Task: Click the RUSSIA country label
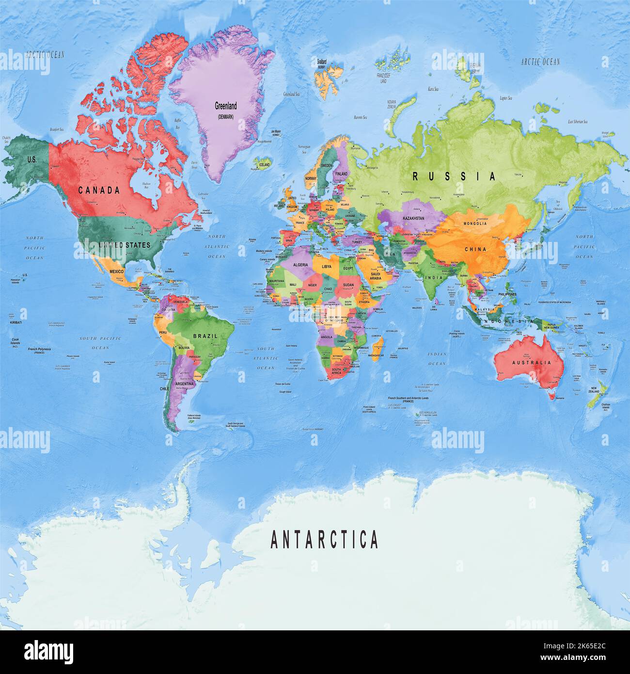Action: pos(454,177)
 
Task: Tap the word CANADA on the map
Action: pos(99,190)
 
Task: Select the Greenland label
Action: pos(226,106)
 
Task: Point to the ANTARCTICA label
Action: pos(324,539)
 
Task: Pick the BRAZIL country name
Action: pos(205,336)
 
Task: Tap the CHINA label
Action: pos(475,249)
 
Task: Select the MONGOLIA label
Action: pos(475,224)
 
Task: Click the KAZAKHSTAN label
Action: pos(413,218)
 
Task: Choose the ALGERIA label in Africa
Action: pos(300,264)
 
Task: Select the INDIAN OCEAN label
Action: pos(437,359)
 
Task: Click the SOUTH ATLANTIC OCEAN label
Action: pos(266,358)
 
